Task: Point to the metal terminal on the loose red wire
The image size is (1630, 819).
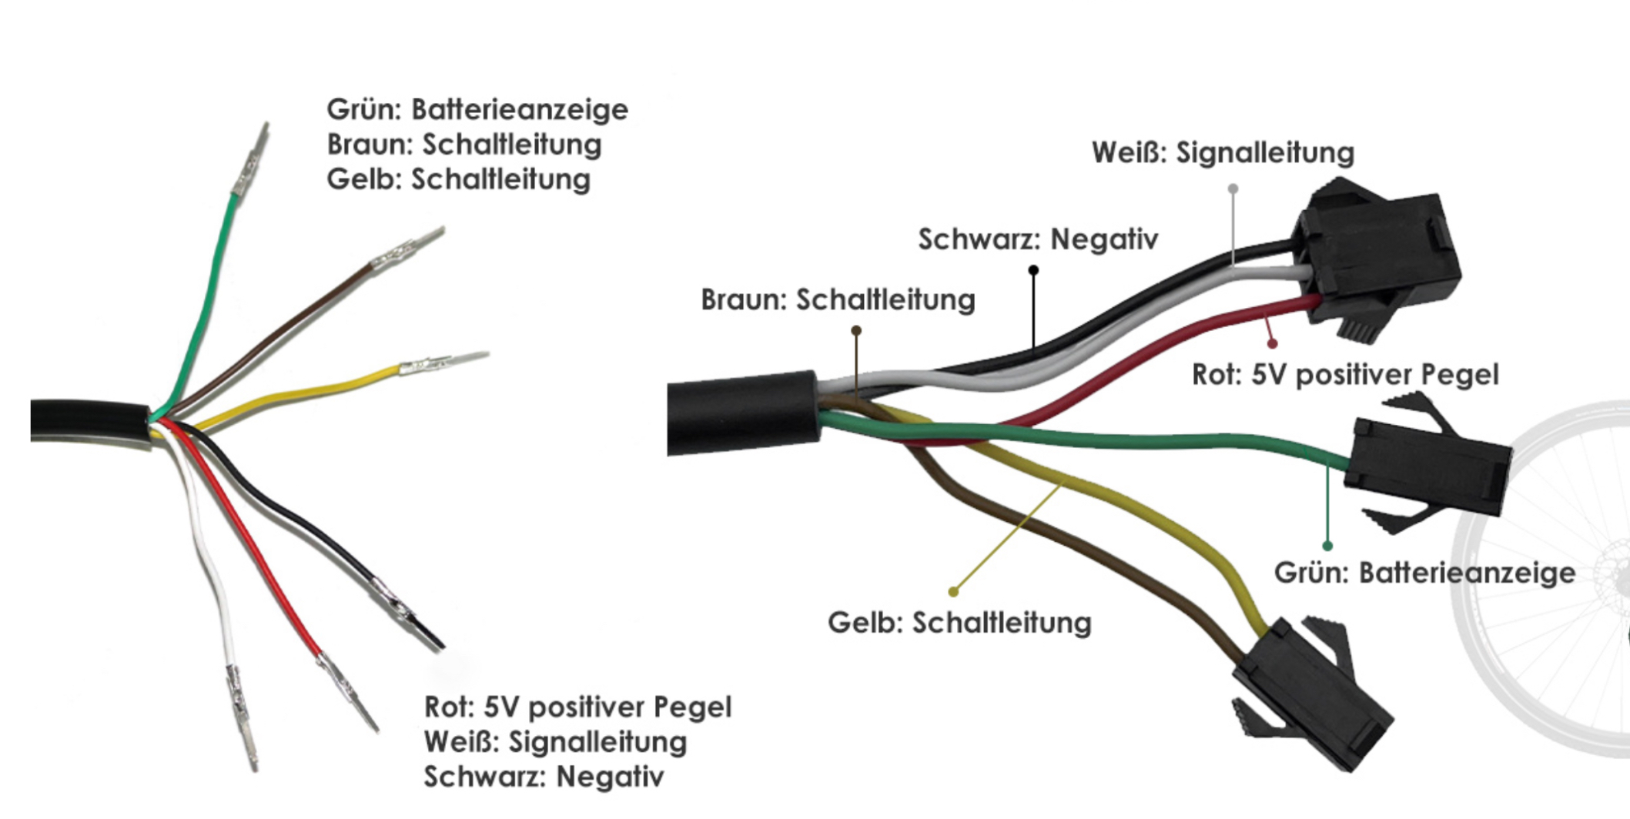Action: [346, 689]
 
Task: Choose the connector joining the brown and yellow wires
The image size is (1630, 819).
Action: [1309, 693]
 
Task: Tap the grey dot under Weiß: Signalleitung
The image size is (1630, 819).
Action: [1233, 189]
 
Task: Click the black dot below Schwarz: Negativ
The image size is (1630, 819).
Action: [1033, 270]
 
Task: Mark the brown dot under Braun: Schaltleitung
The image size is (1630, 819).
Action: [856, 330]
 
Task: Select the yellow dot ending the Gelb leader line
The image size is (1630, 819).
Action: [953, 591]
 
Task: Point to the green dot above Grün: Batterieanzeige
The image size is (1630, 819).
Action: [1327, 546]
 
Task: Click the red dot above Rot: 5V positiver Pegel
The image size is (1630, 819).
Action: [1272, 343]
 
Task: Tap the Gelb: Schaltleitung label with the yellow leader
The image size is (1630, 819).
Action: [959, 623]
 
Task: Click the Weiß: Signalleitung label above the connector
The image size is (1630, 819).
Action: [1223, 152]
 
